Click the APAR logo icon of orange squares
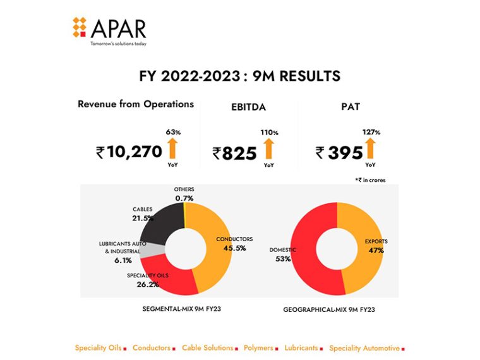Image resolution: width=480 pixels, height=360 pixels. [79, 27]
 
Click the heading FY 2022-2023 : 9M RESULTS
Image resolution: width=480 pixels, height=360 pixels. [239, 76]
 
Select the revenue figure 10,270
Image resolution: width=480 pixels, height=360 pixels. [135, 152]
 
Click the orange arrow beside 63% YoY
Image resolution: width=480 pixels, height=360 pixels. [172, 149]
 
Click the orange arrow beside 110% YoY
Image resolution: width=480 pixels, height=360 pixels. [269, 150]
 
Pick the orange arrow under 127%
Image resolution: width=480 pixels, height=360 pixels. [369, 149]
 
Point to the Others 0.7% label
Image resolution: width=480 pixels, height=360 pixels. [184, 194]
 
